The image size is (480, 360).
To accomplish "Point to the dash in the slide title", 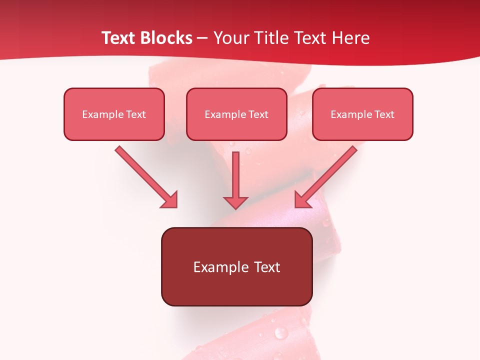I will (x=202, y=38).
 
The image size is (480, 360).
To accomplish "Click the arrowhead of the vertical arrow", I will (x=235, y=201).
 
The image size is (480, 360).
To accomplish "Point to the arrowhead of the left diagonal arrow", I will (x=170, y=200).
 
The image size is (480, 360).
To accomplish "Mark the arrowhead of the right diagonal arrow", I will (x=302, y=200).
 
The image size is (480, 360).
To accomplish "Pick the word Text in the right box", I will (x=384, y=114).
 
